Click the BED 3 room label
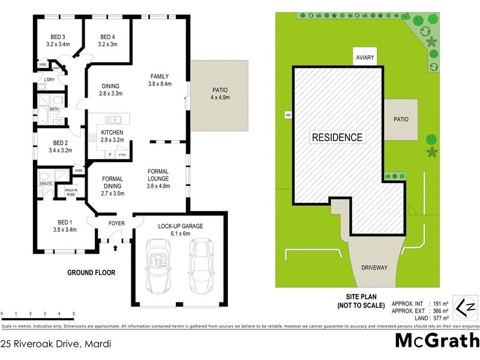(x=58, y=40)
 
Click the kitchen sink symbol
(x=113, y=119)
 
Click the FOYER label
(x=116, y=224)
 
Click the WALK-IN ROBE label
(x=71, y=193)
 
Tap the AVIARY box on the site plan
(x=365, y=57)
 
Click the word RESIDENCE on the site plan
(x=337, y=137)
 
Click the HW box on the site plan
(x=287, y=115)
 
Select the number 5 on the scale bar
(x=73, y=314)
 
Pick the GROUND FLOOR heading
(x=91, y=272)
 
